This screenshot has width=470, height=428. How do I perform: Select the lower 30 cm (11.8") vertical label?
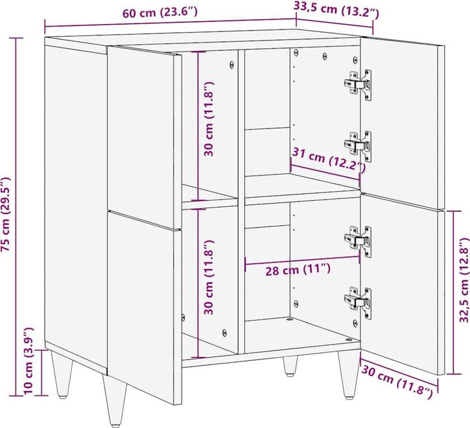(209, 278)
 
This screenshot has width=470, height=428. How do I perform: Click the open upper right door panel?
(404, 121)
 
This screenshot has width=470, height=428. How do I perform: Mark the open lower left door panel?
(143, 300)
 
